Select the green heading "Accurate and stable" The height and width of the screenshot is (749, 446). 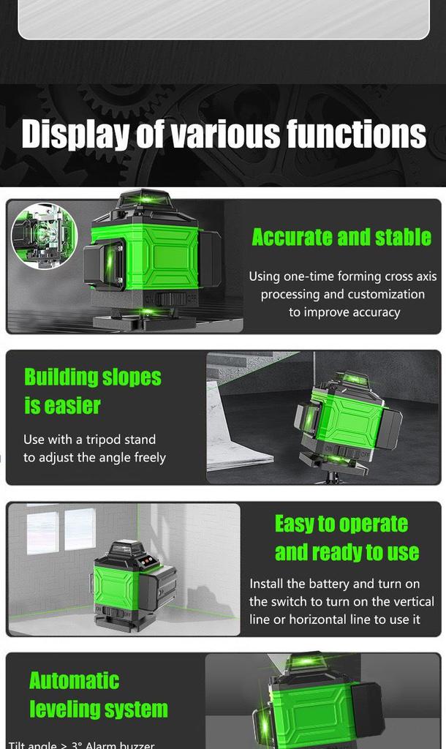pyautogui.click(x=341, y=237)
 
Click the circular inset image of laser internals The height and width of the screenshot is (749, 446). pyautogui.click(x=45, y=236)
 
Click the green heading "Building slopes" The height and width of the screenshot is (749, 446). pyautogui.click(x=93, y=377)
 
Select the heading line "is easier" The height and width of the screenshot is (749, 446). pyautogui.click(x=62, y=405)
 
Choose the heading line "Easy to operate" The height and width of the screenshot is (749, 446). pyautogui.click(x=341, y=524)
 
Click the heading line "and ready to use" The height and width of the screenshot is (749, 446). pyautogui.click(x=347, y=552)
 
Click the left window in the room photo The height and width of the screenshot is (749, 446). pyautogui.click(x=42, y=532)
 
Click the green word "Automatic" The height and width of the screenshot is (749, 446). pyautogui.click(x=74, y=681)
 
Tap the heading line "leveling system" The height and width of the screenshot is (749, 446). pyautogui.click(x=99, y=709)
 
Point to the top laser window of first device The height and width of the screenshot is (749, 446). pyautogui.click(x=145, y=199)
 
